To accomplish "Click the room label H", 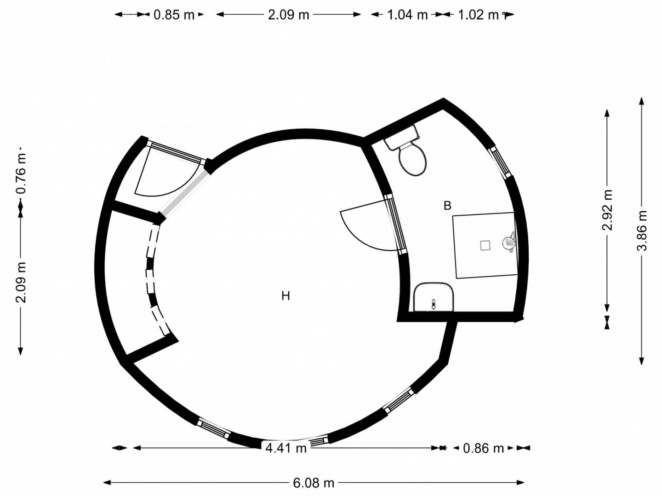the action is tap(285, 296).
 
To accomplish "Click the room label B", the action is tap(448, 206).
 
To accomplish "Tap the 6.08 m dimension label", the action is tap(314, 483).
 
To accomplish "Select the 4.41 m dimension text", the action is tap(286, 448).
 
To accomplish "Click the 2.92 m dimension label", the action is tap(607, 210).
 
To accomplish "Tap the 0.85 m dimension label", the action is tap(174, 14).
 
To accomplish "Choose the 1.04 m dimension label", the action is tap(407, 14).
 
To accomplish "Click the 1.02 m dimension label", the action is tap(478, 14).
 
